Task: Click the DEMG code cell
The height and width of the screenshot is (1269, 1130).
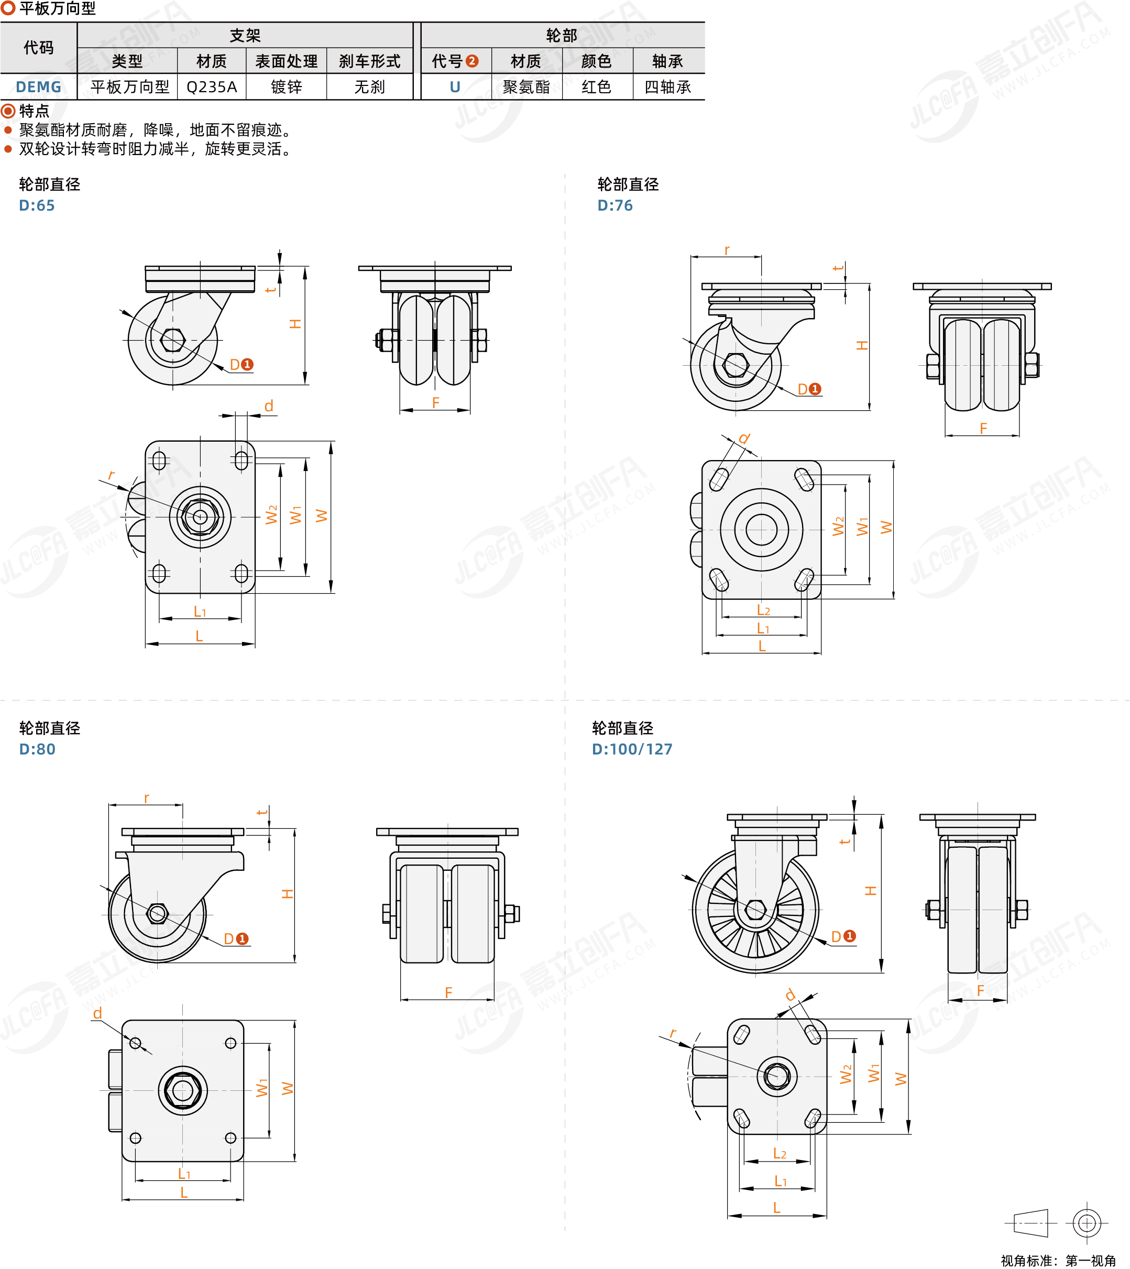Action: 38,87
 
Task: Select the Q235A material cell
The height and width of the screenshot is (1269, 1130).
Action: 212,87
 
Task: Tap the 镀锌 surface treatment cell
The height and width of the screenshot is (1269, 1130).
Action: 286,87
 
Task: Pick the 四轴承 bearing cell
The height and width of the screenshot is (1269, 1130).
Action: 667,87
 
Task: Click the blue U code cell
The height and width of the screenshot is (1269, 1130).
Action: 455,87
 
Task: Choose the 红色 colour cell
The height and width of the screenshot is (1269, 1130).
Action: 597,87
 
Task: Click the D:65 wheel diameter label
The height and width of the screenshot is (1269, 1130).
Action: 37,205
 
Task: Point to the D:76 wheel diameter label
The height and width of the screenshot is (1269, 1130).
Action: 615,205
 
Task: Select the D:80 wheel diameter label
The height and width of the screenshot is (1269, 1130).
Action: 37,749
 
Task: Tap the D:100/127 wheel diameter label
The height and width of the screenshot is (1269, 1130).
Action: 632,749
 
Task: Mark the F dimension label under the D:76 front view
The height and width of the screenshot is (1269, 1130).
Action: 983,429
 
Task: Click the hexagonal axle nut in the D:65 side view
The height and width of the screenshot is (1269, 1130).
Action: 172,340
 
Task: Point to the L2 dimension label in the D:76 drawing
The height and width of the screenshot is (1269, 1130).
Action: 763,611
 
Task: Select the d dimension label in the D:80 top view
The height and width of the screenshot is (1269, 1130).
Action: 97,1014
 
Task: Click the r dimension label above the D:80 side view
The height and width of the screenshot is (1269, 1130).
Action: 147,798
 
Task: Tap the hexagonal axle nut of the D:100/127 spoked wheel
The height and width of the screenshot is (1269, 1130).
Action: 755,910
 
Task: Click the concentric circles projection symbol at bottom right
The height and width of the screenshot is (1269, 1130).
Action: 1087,1223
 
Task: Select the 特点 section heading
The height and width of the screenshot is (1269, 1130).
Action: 34,111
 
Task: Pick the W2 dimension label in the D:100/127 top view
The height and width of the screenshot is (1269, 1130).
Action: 846,1075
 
